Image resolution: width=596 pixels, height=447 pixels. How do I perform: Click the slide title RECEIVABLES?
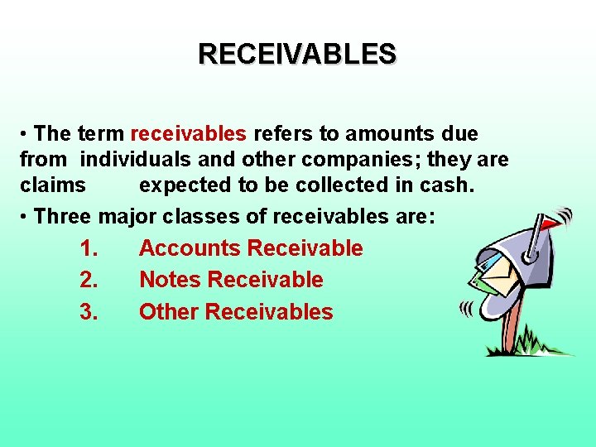[x=297, y=54]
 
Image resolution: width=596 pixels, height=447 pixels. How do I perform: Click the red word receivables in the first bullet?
[x=189, y=133]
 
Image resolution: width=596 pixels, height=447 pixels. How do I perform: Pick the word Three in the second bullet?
[x=65, y=216]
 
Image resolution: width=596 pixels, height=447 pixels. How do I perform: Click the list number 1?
[x=90, y=248]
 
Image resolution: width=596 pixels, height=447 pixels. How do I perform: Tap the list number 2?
[x=90, y=280]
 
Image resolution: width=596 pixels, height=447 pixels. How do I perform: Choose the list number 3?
[x=90, y=312]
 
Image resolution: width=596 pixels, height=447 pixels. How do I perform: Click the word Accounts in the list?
[x=190, y=248]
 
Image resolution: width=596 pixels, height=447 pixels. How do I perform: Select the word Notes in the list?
[x=171, y=280]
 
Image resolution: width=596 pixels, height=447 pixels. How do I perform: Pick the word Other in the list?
[x=169, y=312]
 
